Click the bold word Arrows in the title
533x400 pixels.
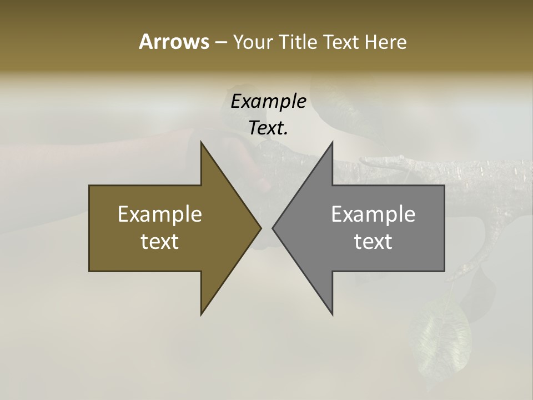[174, 42]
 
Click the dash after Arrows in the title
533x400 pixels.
[220, 42]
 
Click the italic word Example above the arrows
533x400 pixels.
[268, 101]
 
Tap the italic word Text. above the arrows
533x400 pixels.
[268, 128]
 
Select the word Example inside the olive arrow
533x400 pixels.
[160, 214]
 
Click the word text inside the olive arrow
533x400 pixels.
[160, 242]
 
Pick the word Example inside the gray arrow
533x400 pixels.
[373, 214]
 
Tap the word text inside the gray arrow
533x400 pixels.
[373, 242]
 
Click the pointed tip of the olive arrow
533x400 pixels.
[260, 228]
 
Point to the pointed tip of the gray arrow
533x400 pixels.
[273, 228]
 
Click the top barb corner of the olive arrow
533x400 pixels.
[201, 142]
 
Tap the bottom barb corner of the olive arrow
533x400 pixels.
[201, 314]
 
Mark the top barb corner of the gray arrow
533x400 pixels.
[332, 142]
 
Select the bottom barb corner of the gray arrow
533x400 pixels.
[332, 314]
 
